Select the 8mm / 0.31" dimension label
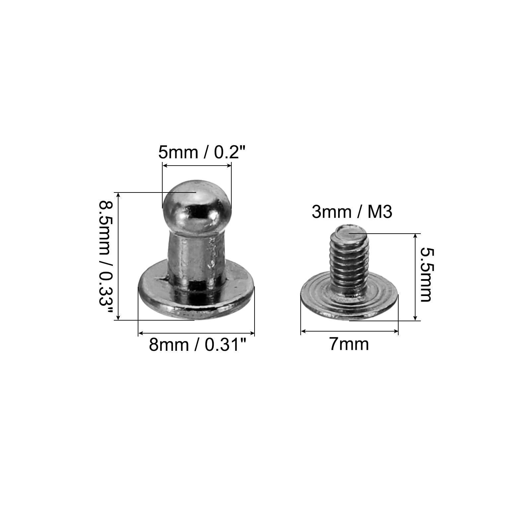[198, 344]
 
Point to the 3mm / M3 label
[352, 212]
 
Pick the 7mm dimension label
[349, 344]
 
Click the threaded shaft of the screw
[349, 261]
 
